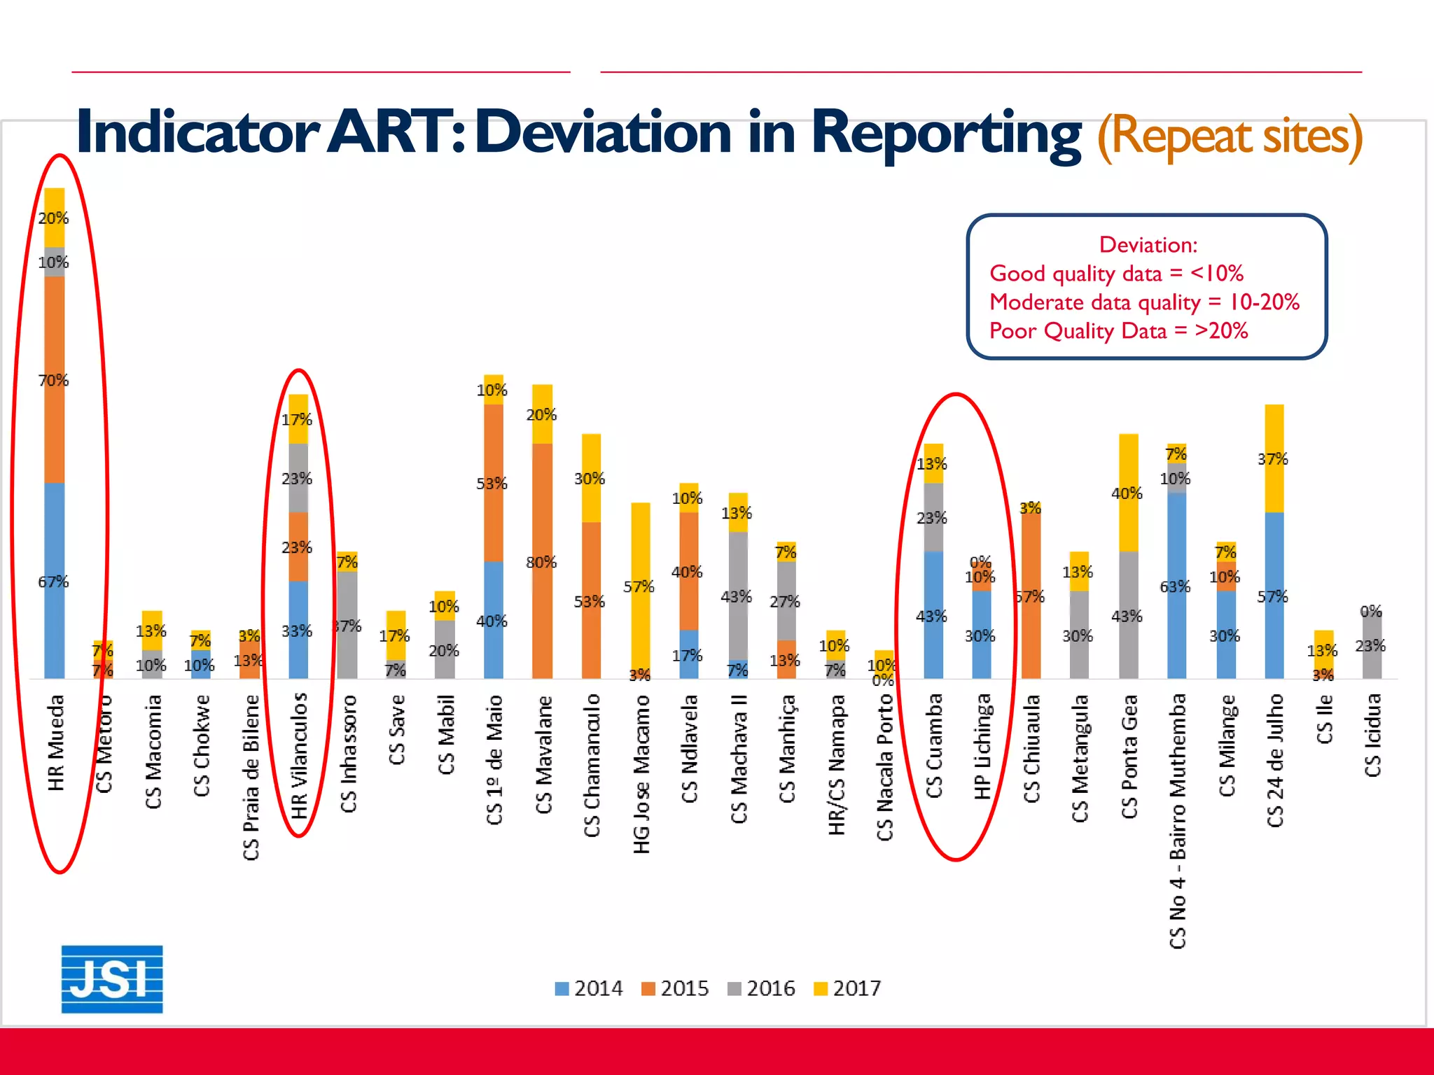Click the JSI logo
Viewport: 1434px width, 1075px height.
tap(112, 978)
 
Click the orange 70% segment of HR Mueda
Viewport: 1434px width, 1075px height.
tap(55, 379)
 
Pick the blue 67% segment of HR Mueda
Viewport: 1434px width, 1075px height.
tap(55, 581)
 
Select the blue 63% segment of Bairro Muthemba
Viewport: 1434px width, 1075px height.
tap(1177, 585)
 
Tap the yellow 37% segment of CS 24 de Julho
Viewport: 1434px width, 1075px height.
tap(1274, 458)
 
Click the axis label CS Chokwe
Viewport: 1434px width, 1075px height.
tap(202, 745)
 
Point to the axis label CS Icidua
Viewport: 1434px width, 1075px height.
tap(1372, 735)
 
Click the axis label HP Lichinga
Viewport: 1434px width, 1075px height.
tap(982, 746)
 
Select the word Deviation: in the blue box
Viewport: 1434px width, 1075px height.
tap(1148, 245)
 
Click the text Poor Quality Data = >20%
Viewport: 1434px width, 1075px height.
tap(1118, 330)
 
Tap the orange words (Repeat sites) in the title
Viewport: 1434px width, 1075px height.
tap(1230, 136)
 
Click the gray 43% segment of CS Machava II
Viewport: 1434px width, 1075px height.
tap(738, 596)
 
